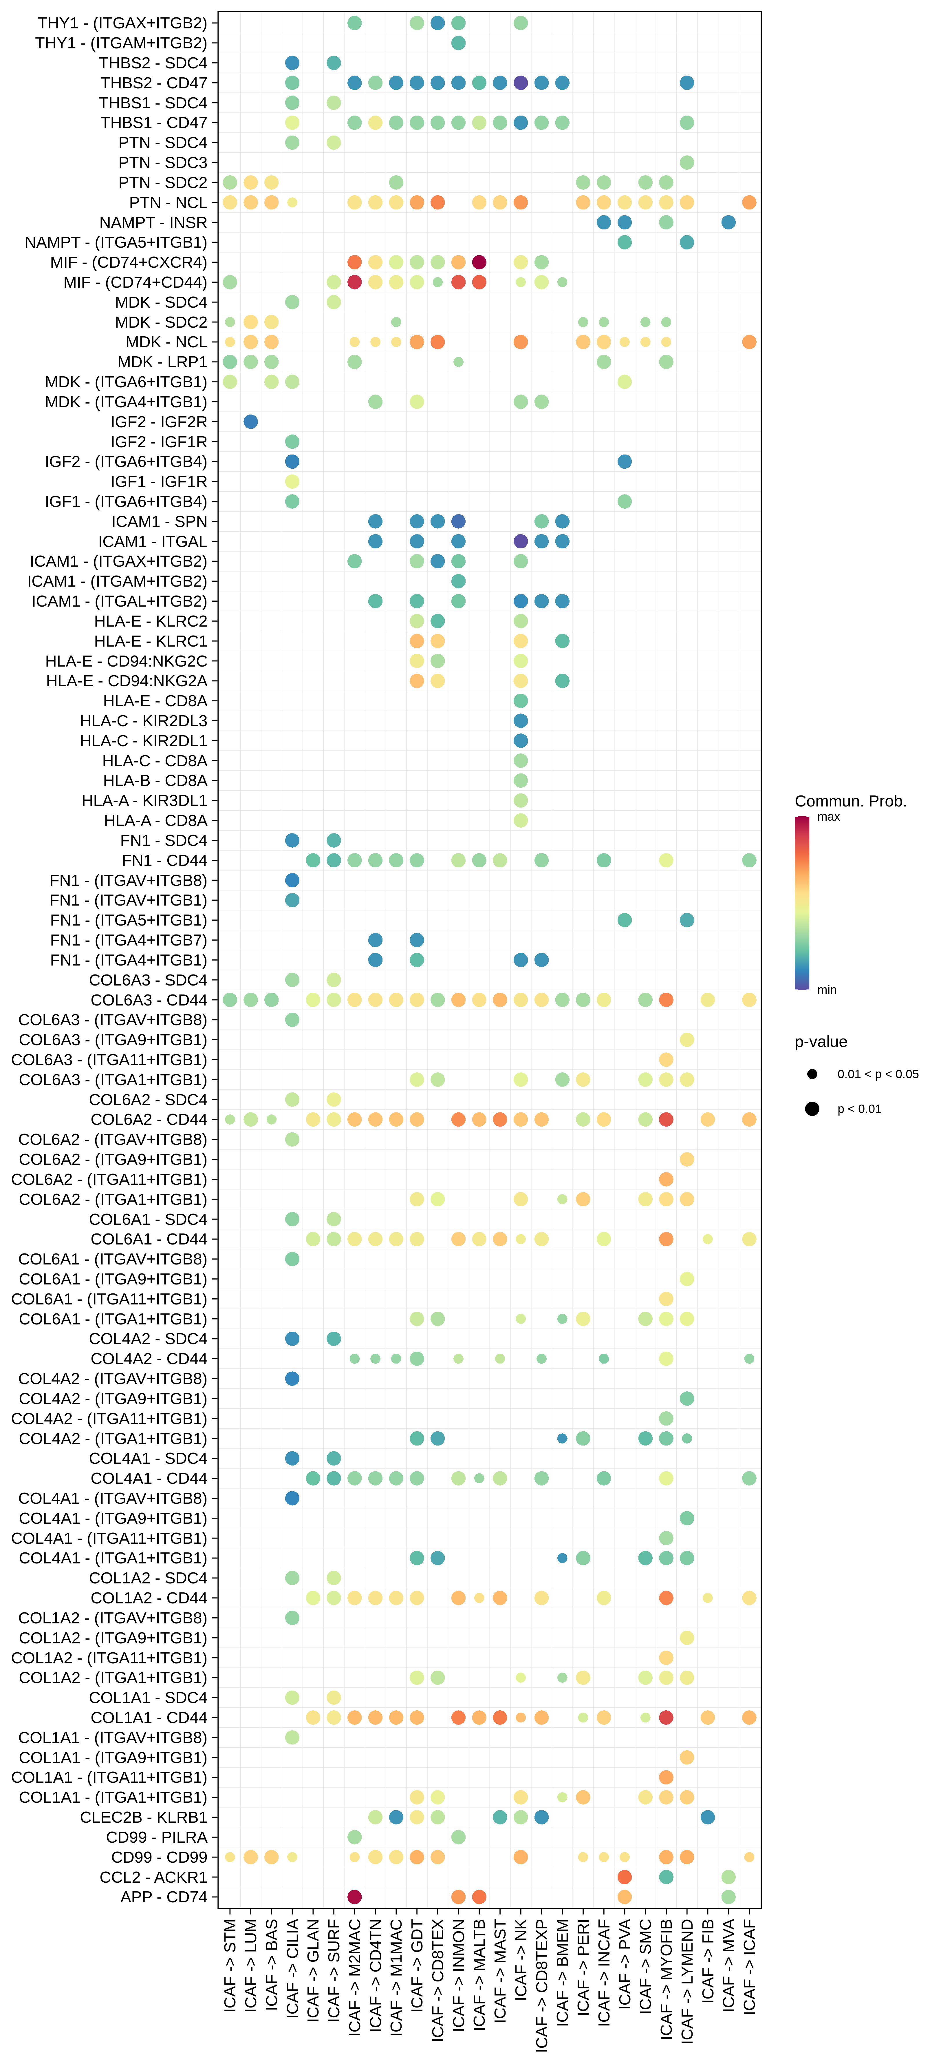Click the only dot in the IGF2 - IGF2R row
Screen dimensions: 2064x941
[251, 421]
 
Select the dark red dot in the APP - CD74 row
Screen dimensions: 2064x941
[355, 1897]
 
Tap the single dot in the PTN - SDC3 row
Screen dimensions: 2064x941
[686, 163]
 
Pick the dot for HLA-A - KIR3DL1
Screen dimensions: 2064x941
[521, 800]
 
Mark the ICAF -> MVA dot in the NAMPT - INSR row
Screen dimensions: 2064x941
[728, 222]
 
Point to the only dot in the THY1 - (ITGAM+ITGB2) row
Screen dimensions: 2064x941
[458, 43]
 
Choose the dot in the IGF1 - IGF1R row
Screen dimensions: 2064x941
[292, 481]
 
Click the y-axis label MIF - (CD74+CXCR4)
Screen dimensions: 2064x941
[128, 262]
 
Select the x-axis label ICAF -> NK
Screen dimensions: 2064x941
[521, 1959]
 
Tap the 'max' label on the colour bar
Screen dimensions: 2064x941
[828, 816]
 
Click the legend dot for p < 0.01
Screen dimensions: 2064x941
[812, 1109]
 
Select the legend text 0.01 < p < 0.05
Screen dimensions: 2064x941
[878, 1074]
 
